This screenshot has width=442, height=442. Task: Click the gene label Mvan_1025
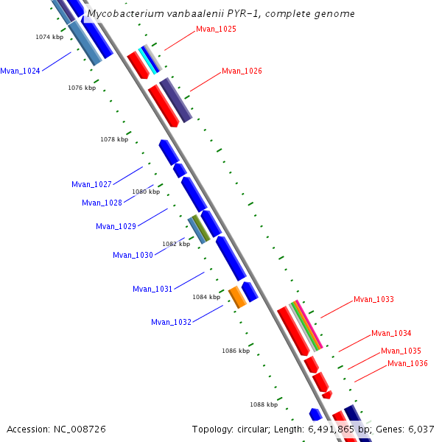216,29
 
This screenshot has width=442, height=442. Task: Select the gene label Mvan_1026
242,71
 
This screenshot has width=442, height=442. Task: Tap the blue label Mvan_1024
20,71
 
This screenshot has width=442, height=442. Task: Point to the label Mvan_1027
91,184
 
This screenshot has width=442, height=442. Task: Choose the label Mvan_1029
116,226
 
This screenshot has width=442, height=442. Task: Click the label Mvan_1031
152,289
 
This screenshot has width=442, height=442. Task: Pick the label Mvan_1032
171,322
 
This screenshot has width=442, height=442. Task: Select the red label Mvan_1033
373,300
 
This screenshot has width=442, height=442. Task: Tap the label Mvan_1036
407,363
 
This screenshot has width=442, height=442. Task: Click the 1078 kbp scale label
114,139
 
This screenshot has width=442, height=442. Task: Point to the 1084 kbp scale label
206,297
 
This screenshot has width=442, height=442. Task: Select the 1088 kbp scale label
263,404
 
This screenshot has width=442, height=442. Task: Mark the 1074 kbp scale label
49,37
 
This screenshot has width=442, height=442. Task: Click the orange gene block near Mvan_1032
237,297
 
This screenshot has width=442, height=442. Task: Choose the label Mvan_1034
391,334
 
